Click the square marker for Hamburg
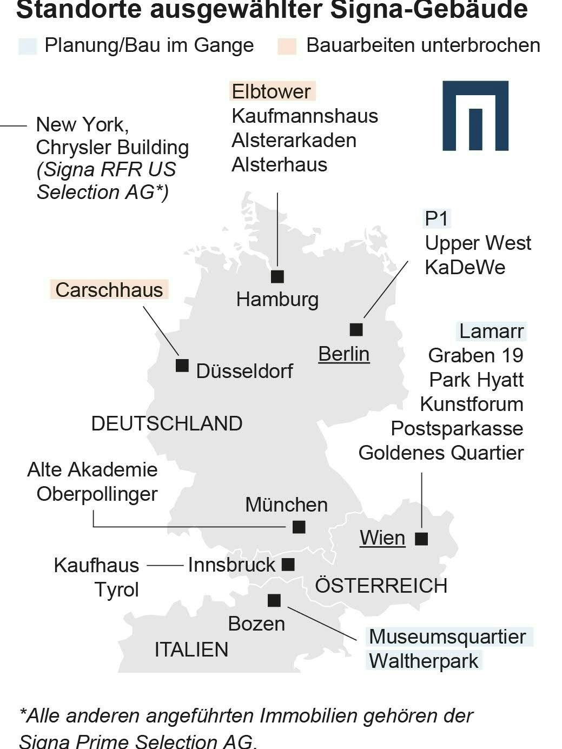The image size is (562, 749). point(277,276)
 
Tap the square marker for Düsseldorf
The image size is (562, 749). point(182,366)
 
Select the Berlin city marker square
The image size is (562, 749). point(356,329)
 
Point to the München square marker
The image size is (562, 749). point(299,527)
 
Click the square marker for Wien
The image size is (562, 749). point(421,539)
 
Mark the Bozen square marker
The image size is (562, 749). point(274,600)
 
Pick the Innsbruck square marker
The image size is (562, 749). point(288,565)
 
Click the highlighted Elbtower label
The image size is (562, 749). point(272,91)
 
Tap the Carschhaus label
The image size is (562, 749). point(109,289)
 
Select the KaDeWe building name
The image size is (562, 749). point(465,267)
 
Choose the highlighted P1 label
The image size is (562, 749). point(437,218)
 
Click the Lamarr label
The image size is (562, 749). point(491,330)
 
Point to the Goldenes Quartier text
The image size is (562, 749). point(441,453)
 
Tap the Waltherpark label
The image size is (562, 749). point(424,660)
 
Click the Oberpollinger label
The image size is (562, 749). point(97,494)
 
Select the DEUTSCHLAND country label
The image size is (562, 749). point(167,423)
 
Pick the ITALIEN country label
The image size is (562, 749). point(191,649)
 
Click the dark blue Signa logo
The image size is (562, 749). point(475,115)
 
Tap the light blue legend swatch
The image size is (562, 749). point(27,46)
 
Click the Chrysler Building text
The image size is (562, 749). point(113,147)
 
